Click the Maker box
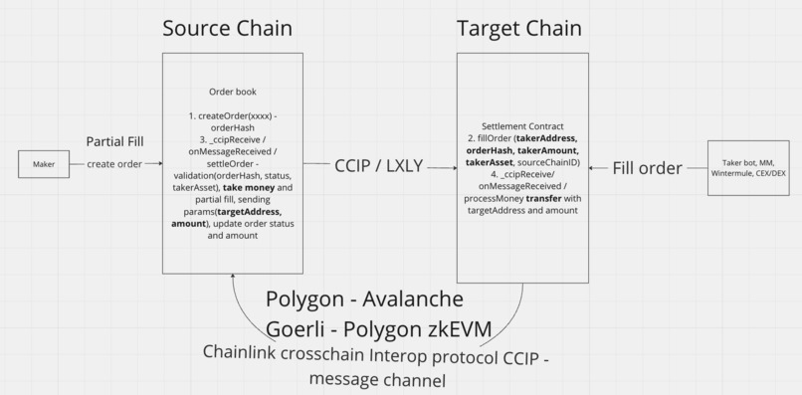(x=44, y=164)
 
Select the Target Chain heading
(x=518, y=28)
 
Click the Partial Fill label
(x=115, y=141)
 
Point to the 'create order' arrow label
(x=113, y=164)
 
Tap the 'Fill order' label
(x=647, y=167)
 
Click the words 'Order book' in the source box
(x=232, y=92)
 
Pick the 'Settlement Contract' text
(x=522, y=126)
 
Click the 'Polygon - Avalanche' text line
(x=364, y=299)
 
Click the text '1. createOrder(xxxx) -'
(x=232, y=115)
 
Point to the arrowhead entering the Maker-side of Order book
(x=159, y=164)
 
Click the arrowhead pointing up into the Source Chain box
(x=233, y=278)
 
